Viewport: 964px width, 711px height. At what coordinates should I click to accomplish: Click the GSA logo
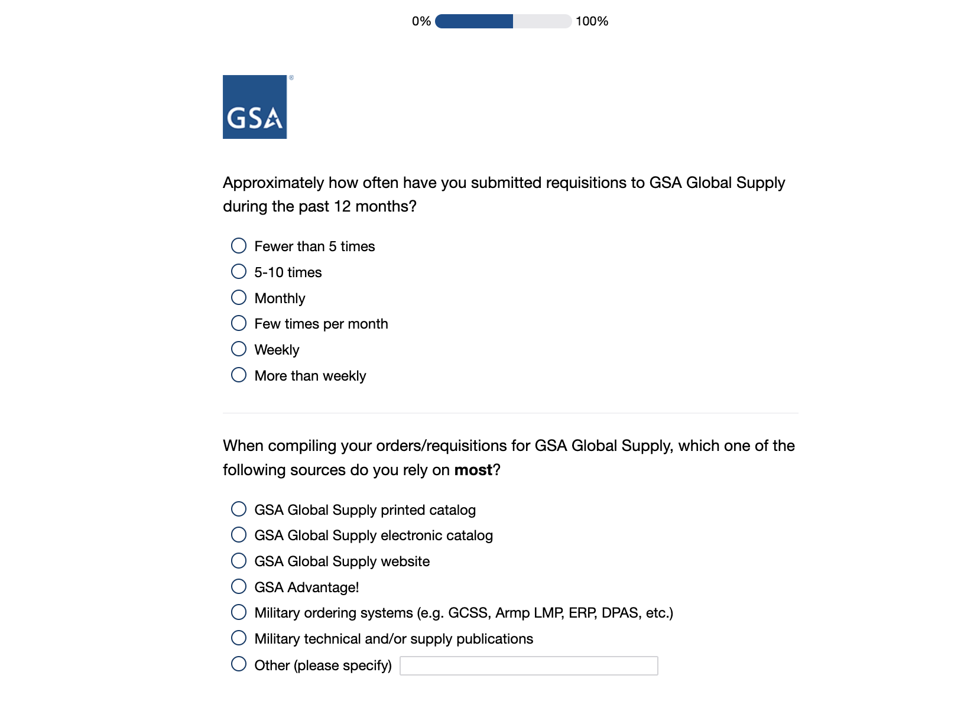coord(255,107)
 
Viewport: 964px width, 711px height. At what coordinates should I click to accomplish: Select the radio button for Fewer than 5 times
coord(239,245)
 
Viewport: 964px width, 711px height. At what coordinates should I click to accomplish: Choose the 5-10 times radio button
coord(239,271)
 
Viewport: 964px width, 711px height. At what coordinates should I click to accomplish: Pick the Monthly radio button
coord(239,297)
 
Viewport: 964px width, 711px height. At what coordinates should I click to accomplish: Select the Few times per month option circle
coord(239,323)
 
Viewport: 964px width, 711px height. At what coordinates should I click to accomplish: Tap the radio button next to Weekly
coord(239,349)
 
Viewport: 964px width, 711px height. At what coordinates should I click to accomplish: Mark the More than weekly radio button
coord(239,375)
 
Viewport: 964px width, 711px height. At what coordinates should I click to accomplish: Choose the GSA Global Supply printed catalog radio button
coord(239,509)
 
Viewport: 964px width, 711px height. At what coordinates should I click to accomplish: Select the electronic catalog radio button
coord(239,535)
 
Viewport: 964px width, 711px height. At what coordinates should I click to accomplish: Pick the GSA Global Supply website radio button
coord(239,561)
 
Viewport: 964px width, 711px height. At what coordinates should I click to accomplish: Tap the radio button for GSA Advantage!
coord(239,587)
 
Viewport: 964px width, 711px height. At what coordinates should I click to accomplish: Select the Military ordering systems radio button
coord(239,612)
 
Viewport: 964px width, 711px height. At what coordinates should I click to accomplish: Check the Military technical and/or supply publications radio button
coord(239,638)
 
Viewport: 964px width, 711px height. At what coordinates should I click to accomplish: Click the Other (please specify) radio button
coord(239,664)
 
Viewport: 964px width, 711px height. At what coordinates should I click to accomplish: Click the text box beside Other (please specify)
coord(528,665)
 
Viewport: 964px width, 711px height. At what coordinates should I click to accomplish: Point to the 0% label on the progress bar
coord(421,21)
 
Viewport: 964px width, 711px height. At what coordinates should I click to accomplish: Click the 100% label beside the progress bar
coord(592,21)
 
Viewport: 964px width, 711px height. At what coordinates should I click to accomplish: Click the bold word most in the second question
coord(473,470)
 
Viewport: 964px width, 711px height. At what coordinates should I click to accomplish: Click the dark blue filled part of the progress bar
coord(474,21)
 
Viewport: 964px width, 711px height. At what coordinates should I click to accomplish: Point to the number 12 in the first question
coord(342,206)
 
